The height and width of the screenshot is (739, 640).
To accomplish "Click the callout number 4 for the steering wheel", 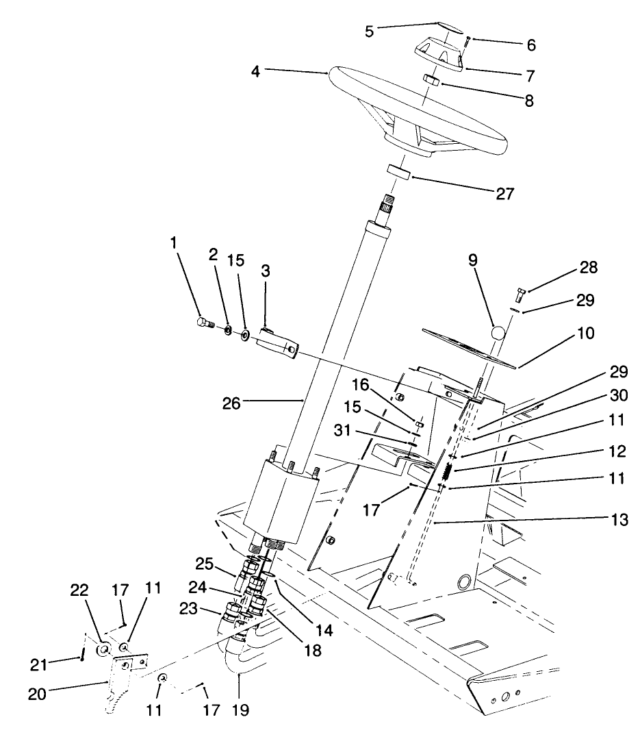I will pyautogui.click(x=255, y=70).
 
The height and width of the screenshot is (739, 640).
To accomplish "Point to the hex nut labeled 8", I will pyautogui.click(x=431, y=82).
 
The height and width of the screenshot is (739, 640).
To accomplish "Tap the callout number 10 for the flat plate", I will pyautogui.click(x=586, y=334).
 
